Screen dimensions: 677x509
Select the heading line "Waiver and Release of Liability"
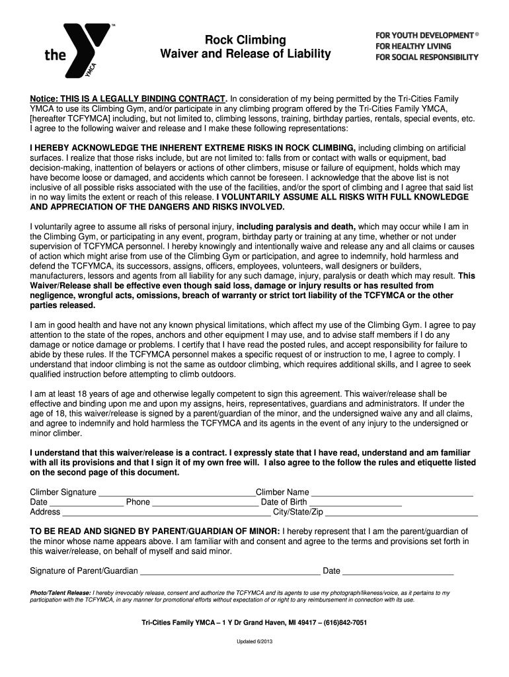(x=245, y=54)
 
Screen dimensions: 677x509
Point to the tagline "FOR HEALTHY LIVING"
(x=413, y=46)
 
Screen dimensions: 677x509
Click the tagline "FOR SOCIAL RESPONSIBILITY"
(x=426, y=58)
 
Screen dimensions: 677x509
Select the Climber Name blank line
(x=391, y=494)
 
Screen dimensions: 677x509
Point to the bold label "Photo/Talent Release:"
(x=60, y=593)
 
